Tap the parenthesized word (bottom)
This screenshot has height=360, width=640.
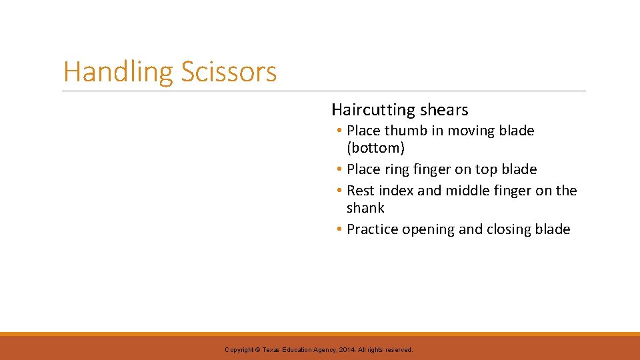pyautogui.click(x=375, y=148)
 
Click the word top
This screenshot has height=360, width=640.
pyautogui.click(x=486, y=169)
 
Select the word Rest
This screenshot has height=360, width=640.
pyautogui.click(x=361, y=191)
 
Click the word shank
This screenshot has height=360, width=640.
pyautogui.click(x=365, y=208)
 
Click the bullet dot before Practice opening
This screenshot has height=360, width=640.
pyautogui.click(x=339, y=229)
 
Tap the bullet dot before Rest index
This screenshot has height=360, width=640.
pyautogui.click(x=339, y=191)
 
